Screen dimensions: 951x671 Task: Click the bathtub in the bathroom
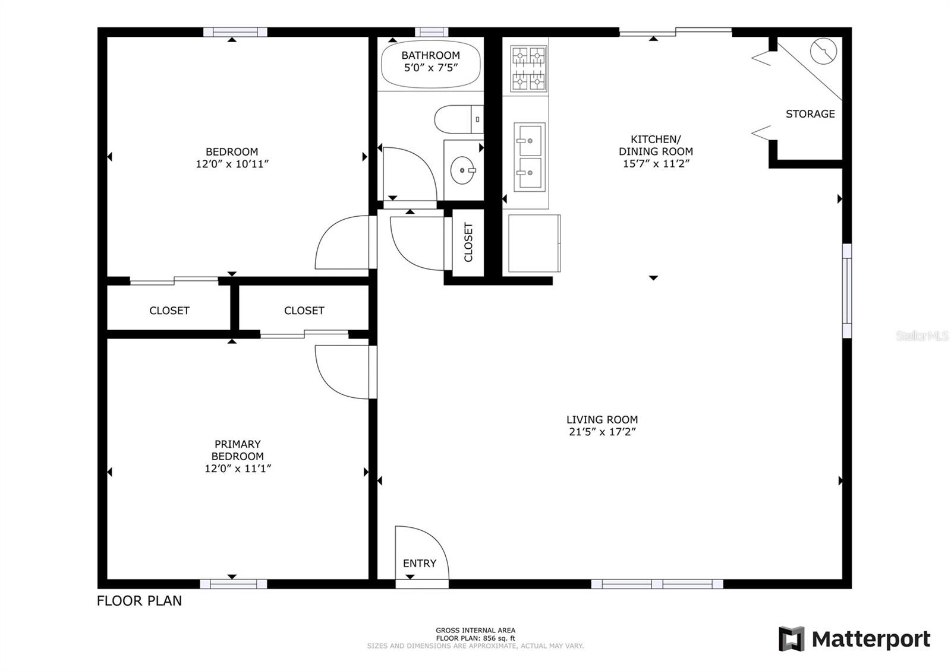tap(430, 64)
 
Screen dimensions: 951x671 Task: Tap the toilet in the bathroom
tap(458, 119)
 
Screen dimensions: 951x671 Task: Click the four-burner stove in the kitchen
tap(528, 69)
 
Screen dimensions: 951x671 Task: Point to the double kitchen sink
tap(530, 157)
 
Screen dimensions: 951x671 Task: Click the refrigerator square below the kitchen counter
tap(534, 243)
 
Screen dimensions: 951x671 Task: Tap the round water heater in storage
tap(823, 51)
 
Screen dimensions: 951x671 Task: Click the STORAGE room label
tap(810, 113)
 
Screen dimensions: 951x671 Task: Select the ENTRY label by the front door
tap(420, 564)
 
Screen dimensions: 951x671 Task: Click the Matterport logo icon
tap(791, 638)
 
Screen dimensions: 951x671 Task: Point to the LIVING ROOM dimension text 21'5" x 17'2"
tap(603, 432)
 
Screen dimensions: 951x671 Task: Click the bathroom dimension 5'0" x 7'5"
tap(430, 68)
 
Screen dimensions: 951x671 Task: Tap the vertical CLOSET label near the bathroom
tap(468, 242)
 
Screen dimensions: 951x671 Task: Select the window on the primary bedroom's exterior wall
tap(234, 584)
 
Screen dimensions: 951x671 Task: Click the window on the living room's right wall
tap(847, 290)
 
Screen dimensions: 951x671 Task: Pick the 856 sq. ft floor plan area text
tap(475, 638)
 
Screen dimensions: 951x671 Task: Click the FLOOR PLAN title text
tap(139, 600)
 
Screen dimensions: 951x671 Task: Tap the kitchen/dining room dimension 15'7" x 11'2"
tap(656, 163)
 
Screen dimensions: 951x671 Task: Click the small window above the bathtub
tap(432, 32)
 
